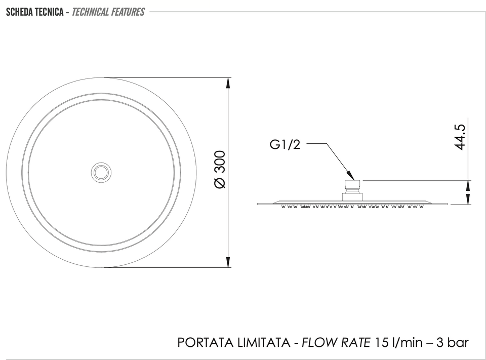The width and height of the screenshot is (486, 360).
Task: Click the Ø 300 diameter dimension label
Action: tap(220, 169)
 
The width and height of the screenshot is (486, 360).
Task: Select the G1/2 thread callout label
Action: tap(285, 144)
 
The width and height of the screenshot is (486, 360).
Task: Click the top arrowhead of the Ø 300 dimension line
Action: tap(228, 84)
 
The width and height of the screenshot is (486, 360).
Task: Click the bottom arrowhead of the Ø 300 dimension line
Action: tap(228, 261)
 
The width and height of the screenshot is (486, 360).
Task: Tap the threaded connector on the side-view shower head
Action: tap(352, 190)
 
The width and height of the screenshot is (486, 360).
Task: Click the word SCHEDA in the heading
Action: tap(19, 12)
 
